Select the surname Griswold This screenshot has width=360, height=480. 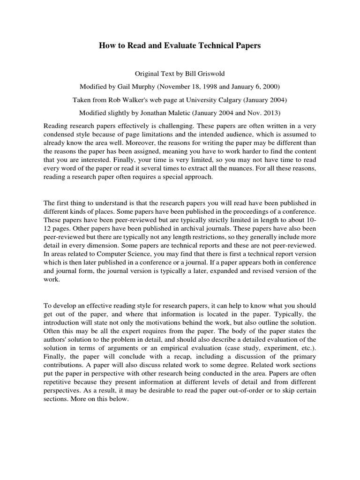tap(210, 74)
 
